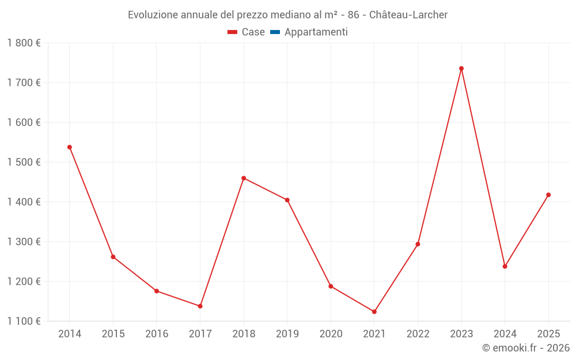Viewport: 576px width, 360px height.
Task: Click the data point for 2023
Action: [461, 69]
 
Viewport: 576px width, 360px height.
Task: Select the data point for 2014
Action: [70, 147]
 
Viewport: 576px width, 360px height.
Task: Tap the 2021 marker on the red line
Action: [374, 312]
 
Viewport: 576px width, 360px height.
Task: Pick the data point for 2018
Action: [244, 178]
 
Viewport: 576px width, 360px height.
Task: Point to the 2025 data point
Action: [548, 195]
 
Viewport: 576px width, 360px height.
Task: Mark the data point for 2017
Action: [200, 306]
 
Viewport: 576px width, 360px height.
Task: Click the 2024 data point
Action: [505, 266]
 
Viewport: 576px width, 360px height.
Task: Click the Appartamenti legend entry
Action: [316, 32]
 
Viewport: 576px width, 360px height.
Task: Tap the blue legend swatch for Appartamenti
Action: [275, 32]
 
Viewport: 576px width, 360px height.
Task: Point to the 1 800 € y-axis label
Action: [24, 43]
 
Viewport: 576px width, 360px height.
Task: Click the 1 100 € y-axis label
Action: [24, 321]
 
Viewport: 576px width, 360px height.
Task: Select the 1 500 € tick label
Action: [24, 162]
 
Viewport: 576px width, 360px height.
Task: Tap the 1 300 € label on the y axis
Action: [24, 242]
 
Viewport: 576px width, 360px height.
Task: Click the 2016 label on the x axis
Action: [157, 334]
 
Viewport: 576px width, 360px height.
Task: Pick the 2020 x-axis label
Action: [331, 334]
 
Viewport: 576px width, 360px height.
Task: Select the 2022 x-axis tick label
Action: [418, 334]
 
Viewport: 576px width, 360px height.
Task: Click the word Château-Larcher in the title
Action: [408, 15]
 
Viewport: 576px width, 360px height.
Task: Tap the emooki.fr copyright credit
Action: [526, 348]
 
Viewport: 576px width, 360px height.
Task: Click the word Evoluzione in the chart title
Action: [152, 15]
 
